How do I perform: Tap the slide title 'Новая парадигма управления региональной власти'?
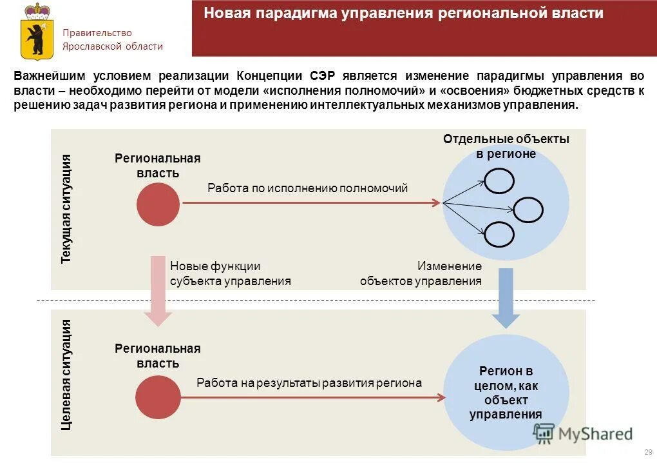(404, 14)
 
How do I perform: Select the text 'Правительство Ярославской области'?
(112, 39)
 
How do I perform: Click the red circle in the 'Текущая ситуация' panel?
(158, 204)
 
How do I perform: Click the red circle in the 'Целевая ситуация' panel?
(158, 397)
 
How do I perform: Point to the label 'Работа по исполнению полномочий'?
(307, 188)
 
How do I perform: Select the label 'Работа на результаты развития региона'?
(309, 383)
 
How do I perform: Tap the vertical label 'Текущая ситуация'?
(66, 209)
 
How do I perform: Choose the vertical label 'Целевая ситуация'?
(66, 375)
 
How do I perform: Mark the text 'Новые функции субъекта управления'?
(230, 273)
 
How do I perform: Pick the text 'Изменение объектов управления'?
(421, 273)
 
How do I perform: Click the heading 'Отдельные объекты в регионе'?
(506, 146)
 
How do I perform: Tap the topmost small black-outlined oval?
(499, 181)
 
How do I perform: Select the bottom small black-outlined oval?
(499, 234)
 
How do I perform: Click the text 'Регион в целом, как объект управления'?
(506, 393)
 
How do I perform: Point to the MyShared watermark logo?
(584, 433)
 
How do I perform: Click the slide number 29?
(648, 452)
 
